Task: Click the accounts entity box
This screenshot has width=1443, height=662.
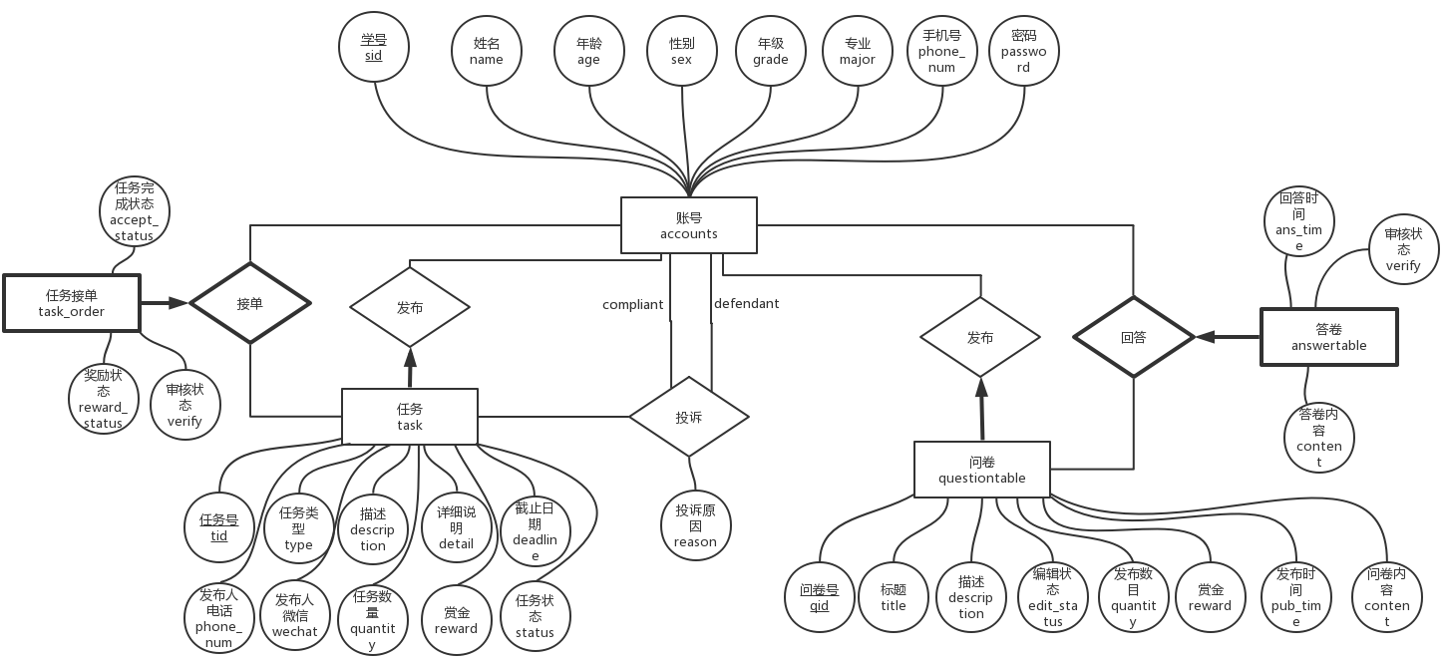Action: coord(688,225)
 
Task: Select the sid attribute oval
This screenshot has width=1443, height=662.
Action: coord(373,48)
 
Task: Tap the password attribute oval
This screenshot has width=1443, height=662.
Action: coord(1023,51)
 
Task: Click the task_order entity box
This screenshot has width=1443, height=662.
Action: coord(72,303)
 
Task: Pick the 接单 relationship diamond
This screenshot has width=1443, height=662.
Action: coord(249,303)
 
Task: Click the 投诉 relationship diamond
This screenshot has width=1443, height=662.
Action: coord(688,417)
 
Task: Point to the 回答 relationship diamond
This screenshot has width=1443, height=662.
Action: coord(1133,337)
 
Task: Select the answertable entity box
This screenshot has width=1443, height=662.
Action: coord(1328,337)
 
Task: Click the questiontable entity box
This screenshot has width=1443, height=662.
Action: coord(981,470)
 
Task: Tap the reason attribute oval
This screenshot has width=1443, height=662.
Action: coord(695,525)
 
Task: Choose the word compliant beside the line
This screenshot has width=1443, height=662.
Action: coord(632,304)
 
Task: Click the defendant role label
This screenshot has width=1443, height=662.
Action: coord(747,303)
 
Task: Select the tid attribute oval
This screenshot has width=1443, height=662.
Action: coord(219,527)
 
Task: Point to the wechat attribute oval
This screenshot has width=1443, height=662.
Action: coord(294,615)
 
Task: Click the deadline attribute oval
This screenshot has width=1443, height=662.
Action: coord(535,531)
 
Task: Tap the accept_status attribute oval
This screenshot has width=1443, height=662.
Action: coord(134,211)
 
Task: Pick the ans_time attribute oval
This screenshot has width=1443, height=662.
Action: coord(1298,222)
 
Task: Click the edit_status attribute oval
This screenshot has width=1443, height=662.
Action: coord(1052,597)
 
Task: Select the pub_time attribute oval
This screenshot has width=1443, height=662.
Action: coord(1295,597)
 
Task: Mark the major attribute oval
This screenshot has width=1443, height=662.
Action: coord(857,52)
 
